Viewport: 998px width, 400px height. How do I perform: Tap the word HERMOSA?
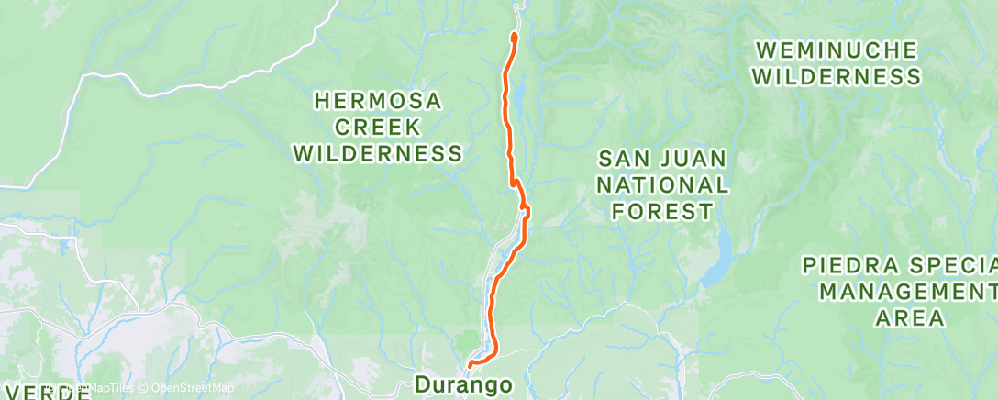[x=378, y=100]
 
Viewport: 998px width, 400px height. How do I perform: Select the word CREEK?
[x=378, y=127]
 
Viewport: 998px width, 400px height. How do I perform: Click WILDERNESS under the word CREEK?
[x=378, y=153]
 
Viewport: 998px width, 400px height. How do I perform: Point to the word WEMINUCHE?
[x=836, y=50]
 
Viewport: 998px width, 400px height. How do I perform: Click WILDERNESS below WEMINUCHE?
[x=836, y=76]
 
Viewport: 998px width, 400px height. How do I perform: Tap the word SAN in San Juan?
[x=625, y=158]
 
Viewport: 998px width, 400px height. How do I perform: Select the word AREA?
[x=908, y=318]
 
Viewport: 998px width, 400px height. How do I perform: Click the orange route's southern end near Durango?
[x=471, y=365]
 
